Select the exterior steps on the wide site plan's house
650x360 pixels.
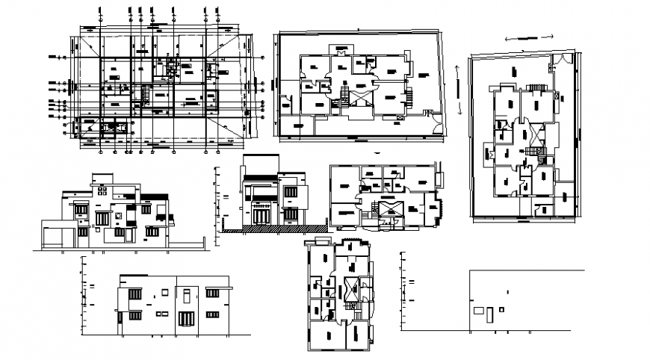click(x=409, y=96)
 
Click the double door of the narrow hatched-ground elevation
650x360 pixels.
click(x=261, y=215)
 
